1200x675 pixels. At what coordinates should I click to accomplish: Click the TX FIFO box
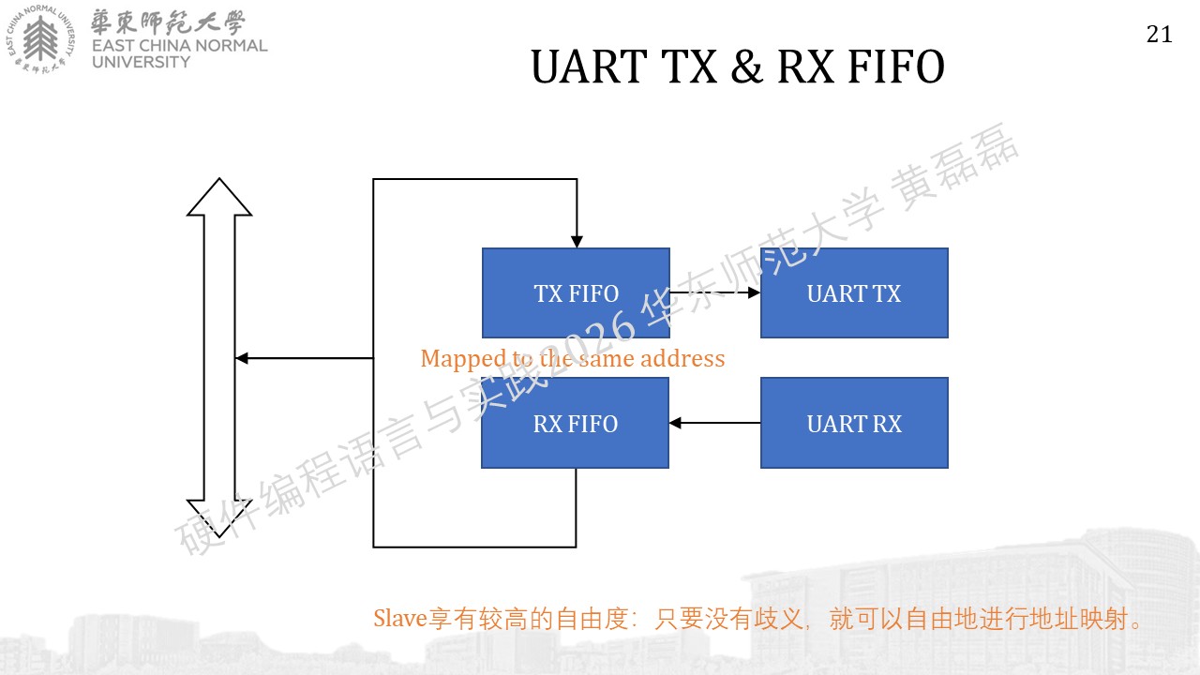pos(576,293)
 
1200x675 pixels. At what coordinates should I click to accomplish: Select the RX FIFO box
pos(576,423)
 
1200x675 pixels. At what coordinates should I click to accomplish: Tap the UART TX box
pos(854,293)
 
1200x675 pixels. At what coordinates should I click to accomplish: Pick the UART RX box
pos(854,423)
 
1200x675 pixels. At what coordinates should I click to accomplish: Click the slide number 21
pos(1160,35)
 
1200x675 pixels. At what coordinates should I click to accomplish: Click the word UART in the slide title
pos(590,67)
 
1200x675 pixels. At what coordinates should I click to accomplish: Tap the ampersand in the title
pos(747,67)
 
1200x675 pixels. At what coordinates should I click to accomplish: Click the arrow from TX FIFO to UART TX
pos(715,292)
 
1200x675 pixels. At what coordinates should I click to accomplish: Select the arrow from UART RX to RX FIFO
pos(714,423)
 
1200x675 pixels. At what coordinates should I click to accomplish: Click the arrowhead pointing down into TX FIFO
pos(577,242)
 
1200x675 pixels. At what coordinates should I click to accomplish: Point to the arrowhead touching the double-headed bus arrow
pos(242,358)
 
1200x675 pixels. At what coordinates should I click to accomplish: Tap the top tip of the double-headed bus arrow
pos(219,178)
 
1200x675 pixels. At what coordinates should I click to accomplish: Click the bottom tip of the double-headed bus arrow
pos(219,536)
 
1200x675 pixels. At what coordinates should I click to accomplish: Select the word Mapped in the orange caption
pos(463,359)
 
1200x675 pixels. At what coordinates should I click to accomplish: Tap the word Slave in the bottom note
pos(399,618)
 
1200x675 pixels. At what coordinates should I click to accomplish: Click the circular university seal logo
pos(40,39)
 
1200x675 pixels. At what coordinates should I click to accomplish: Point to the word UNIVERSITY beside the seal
pos(141,62)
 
